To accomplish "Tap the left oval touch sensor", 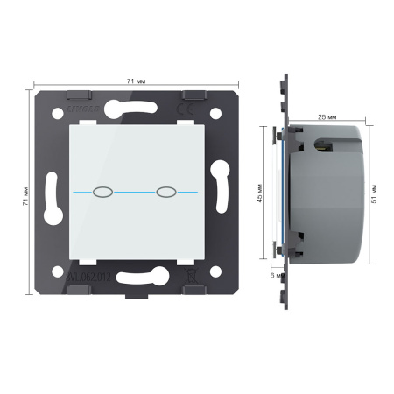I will [x=102, y=190].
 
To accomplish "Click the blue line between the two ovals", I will [x=134, y=190].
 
